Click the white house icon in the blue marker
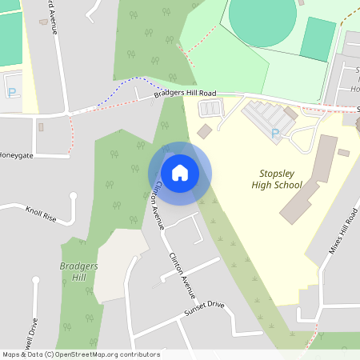180,173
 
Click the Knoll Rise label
41,215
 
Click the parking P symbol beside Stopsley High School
276,133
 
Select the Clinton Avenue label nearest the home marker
158,203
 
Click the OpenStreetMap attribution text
81,354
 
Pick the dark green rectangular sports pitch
318,39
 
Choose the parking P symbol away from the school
11,92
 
